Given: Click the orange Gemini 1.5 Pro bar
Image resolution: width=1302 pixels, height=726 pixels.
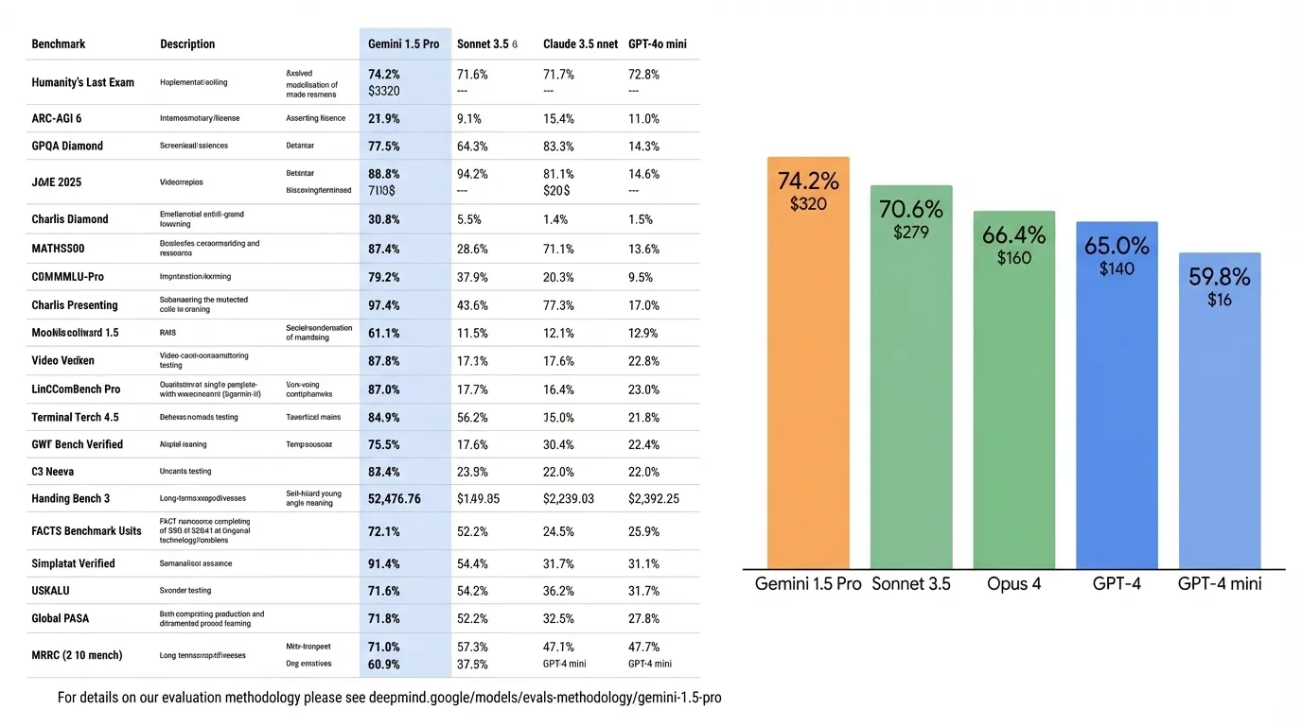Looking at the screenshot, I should pos(808,378).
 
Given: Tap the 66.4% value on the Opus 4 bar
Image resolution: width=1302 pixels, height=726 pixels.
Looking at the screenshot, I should pos(1013,234).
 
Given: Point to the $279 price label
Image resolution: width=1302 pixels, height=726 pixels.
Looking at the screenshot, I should pos(910,232).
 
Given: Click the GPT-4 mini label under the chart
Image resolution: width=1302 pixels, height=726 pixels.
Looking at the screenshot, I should pos(1220,583).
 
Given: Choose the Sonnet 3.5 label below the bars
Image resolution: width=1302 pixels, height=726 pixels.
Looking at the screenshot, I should pos(911,583).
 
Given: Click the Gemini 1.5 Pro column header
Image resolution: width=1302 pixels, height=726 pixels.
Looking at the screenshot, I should pos(403,43).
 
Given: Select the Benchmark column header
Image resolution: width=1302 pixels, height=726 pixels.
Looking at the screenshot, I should pos(59,43).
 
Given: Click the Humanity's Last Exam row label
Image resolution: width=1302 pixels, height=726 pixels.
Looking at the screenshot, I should pos(83,82).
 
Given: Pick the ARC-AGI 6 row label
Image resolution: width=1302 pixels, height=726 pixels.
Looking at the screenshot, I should pos(57,118).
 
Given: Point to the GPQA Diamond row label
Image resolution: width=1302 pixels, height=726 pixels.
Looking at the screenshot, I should pos(67,146).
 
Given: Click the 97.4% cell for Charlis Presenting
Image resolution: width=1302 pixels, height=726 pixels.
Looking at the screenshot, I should pos(384,305).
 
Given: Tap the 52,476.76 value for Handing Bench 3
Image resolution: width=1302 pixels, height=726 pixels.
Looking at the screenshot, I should pos(395,498).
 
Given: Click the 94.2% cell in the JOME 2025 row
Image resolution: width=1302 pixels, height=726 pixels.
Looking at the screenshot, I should pos(472,174).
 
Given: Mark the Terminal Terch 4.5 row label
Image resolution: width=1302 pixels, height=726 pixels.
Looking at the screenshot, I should pos(76,417).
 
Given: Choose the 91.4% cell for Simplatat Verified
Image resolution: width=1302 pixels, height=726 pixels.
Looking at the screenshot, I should pos(384,563).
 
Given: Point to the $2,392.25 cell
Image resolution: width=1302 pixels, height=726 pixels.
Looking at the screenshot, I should pos(654,498).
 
